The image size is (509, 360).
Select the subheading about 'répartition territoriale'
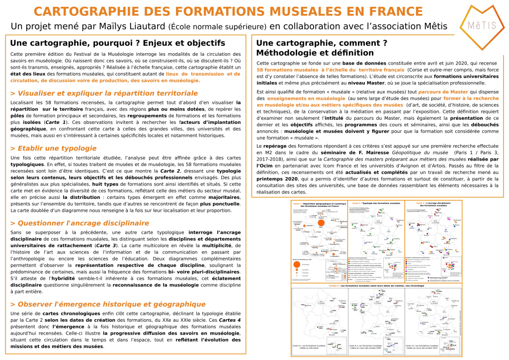[x=104, y=93]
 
